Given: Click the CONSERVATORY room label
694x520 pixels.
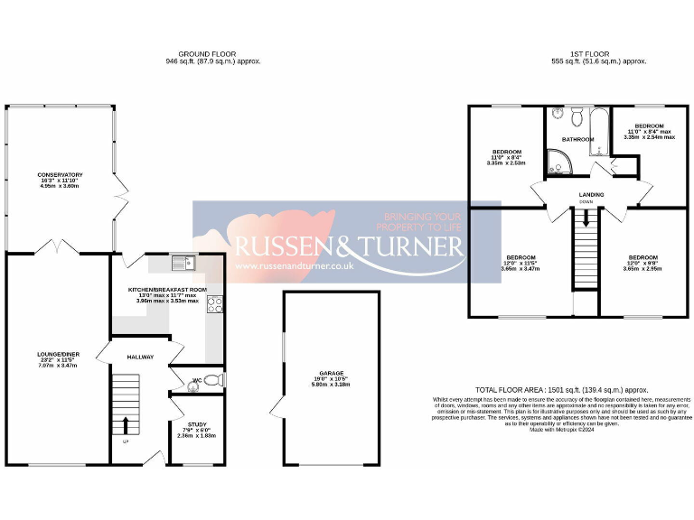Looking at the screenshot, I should coord(60,174).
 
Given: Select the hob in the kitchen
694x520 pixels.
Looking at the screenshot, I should coord(216,305).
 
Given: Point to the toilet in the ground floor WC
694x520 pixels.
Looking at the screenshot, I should coord(211,381).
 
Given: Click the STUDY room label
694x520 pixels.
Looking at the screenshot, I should coord(197,424).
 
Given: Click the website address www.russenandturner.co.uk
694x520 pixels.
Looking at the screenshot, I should coord(293,267).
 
